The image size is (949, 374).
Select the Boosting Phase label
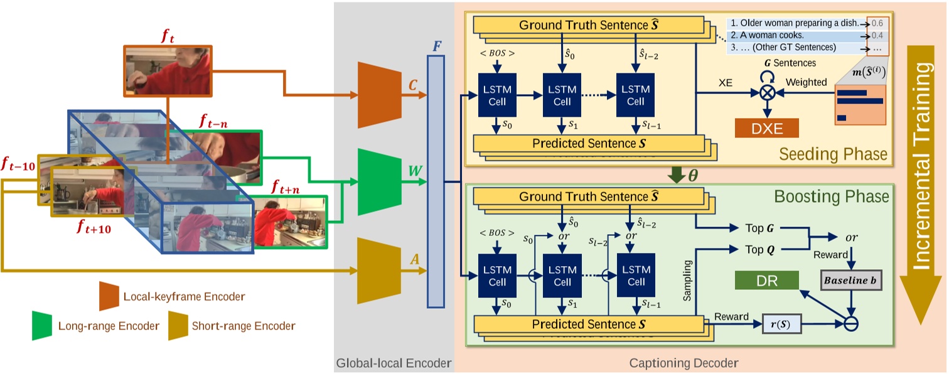coord(830,196)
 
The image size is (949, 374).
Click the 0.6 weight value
coord(877,23)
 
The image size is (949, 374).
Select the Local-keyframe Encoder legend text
coord(184,296)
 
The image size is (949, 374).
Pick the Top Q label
coord(758,249)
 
